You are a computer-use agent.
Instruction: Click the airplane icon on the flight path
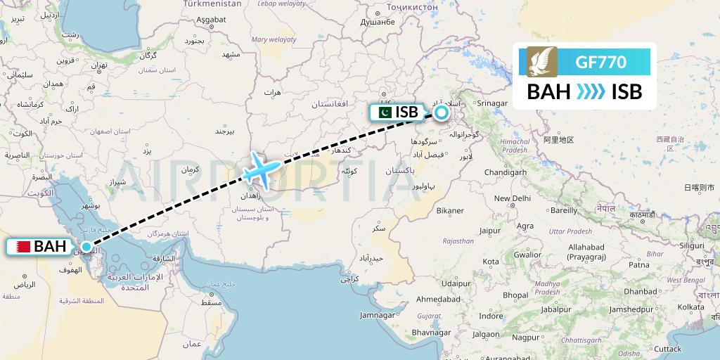pos(261,168)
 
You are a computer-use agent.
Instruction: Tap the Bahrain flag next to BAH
pos(20,246)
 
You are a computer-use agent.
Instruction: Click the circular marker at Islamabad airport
pos(441,111)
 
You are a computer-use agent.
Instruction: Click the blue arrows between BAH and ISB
pos(585,92)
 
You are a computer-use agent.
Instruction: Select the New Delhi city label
pos(511,198)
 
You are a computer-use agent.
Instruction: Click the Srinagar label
pos(492,104)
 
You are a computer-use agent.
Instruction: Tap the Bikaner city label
pos(450,210)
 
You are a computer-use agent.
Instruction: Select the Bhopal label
pos(515,295)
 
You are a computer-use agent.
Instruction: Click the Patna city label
pos(638,264)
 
